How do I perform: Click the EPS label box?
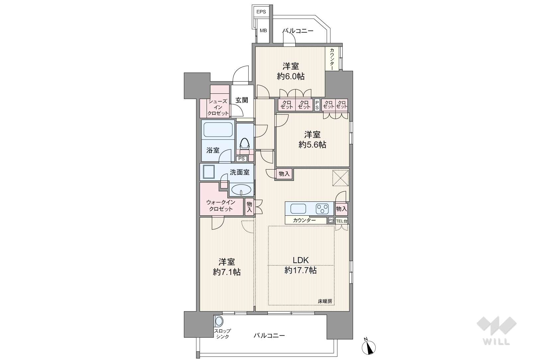pyautogui.click(x=261, y=12)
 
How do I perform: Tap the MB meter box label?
pyautogui.click(x=263, y=31)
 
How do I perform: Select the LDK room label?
pyautogui.click(x=301, y=260)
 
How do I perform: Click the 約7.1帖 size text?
pyautogui.click(x=227, y=272)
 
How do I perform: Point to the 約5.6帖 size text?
pyautogui.click(x=312, y=145)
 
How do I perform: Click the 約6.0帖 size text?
pyautogui.click(x=291, y=76)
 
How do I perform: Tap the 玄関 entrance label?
pyautogui.click(x=242, y=100)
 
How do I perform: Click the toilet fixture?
pyautogui.click(x=245, y=144)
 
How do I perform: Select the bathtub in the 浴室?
pyautogui.click(x=218, y=130)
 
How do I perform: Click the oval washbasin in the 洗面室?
pyautogui.click(x=241, y=190)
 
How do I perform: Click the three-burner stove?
pyautogui.click(x=322, y=209)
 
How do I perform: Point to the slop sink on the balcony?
pyautogui.click(x=219, y=322)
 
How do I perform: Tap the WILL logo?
pyautogui.click(x=497, y=330)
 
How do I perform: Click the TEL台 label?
pyautogui.click(x=341, y=221)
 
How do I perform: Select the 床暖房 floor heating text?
pyautogui.click(x=325, y=301)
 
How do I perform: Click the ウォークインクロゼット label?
pyautogui.click(x=221, y=205)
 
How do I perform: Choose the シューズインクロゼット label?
pyautogui.click(x=218, y=107)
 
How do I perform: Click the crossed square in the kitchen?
pyautogui.click(x=340, y=178)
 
